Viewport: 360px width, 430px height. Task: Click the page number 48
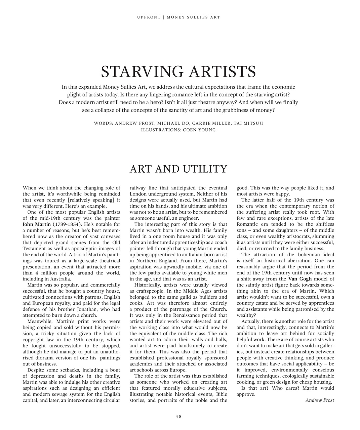[178, 417]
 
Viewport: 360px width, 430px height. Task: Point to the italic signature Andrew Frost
[320, 400]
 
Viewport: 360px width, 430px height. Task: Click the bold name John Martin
[37, 224]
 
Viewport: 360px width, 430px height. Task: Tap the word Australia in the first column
[60, 279]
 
